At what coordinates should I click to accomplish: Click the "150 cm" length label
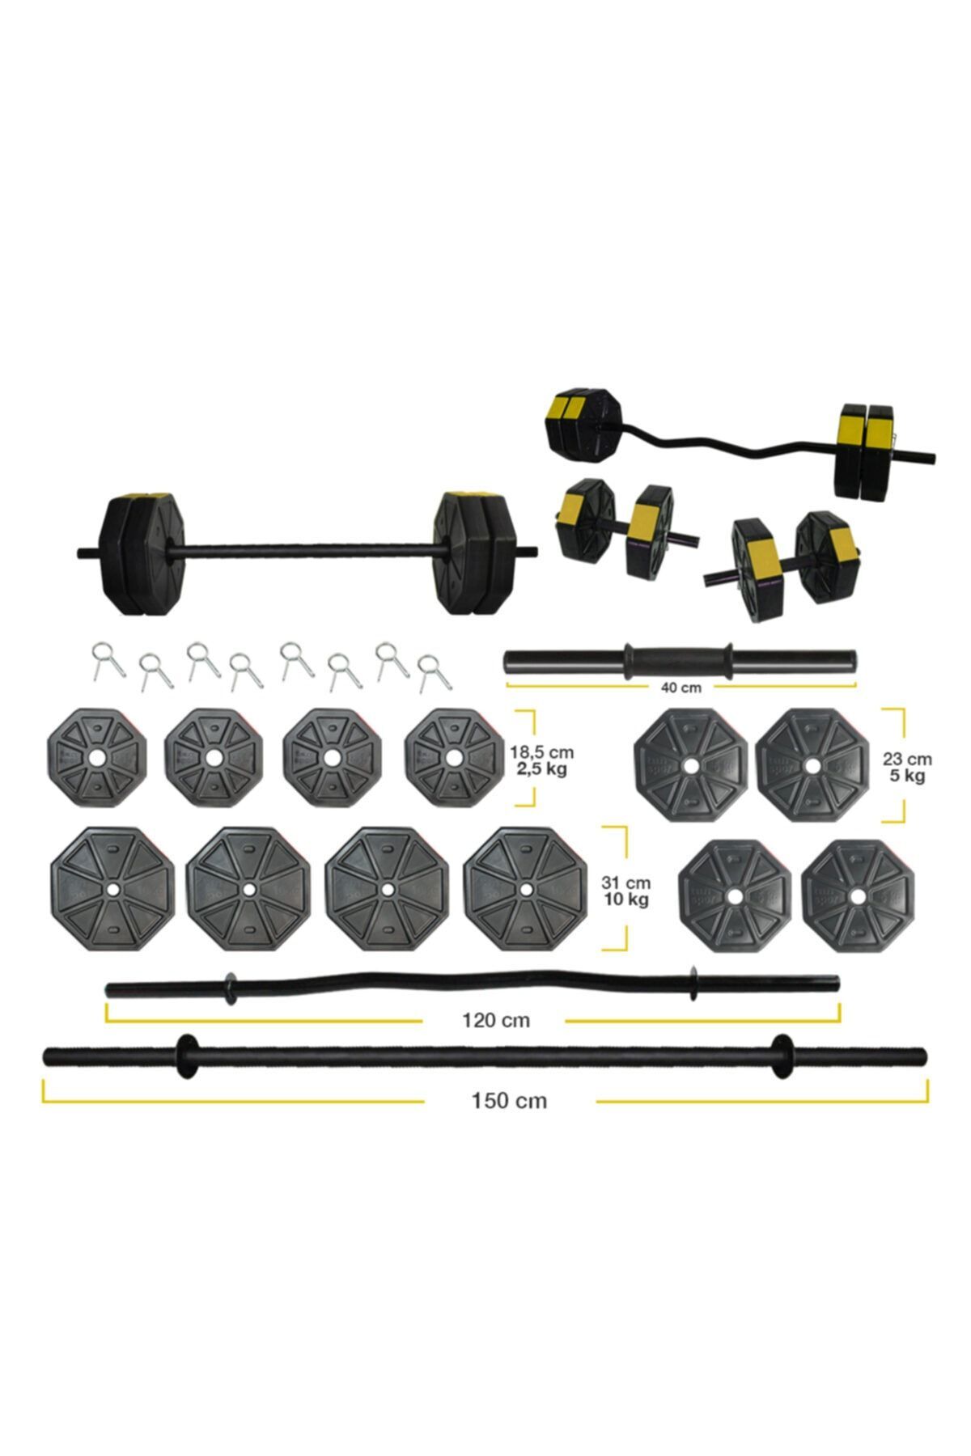coord(509,1100)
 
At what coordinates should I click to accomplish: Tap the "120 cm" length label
coord(496,1020)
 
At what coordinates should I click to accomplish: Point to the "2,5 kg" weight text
coord(542,768)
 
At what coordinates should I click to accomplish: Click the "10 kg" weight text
coord(625,899)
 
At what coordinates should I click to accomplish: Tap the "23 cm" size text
coord(907,759)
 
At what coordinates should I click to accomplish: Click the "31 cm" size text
coord(625,882)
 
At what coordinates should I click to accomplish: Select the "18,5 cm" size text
coord(542,752)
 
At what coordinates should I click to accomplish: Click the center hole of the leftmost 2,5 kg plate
coord(96,758)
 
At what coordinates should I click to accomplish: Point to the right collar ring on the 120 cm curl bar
coord(693,982)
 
